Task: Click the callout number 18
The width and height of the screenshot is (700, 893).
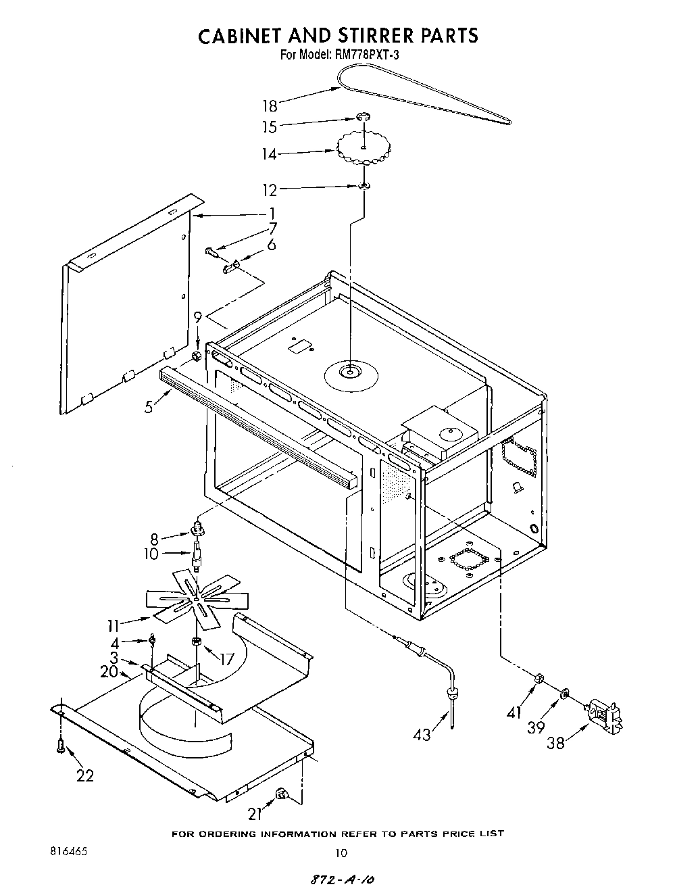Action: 270,105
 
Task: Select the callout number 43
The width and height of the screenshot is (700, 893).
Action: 422,735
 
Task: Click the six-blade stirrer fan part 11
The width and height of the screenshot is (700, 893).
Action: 196,596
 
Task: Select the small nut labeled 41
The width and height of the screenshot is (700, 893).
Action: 539,677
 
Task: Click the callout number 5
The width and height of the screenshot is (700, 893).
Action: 148,407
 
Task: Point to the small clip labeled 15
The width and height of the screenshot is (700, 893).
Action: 364,119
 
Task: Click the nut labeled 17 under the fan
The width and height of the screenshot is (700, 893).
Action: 195,641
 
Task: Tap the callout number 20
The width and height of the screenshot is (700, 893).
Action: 108,671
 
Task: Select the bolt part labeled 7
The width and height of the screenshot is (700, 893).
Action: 211,253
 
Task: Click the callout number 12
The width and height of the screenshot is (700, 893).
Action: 270,191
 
